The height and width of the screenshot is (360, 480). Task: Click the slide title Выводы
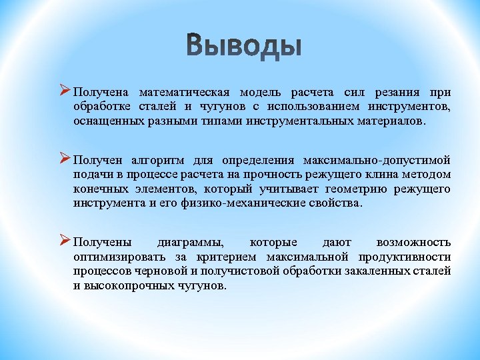244,47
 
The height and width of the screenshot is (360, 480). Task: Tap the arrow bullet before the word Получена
65,91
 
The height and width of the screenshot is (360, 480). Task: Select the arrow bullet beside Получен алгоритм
65,159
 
